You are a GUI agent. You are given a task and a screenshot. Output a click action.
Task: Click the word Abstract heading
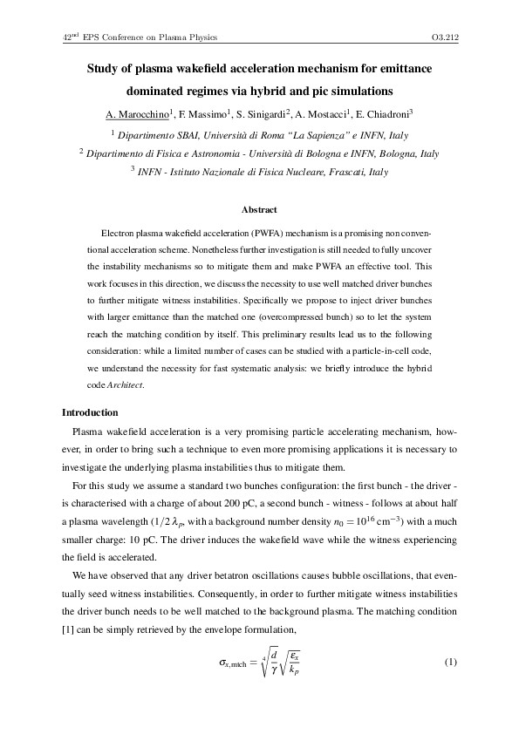coord(259,209)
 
